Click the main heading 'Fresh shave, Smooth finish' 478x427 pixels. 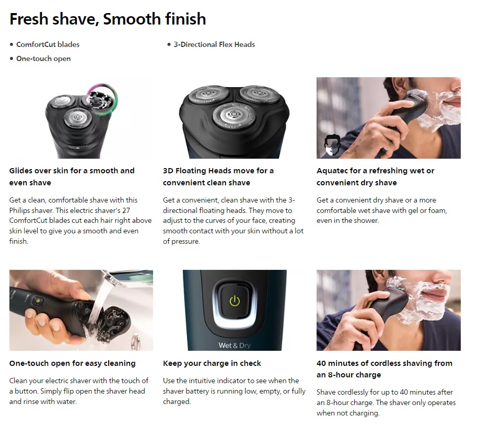[x=108, y=19]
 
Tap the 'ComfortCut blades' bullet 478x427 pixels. [x=48, y=44]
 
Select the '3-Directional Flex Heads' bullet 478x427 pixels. [x=214, y=44]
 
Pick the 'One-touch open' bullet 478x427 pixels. [x=43, y=58]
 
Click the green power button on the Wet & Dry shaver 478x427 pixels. [x=235, y=301]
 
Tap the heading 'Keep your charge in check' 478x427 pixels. [x=212, y=363]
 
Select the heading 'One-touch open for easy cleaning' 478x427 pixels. [x=73, y=363]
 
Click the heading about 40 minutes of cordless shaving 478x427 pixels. [x=384, y=369]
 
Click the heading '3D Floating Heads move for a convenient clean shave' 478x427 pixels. [x=218, y=176]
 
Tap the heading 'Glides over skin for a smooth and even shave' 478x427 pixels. [x=72, y=176]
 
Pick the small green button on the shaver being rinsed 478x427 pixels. [x=37, y=301]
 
